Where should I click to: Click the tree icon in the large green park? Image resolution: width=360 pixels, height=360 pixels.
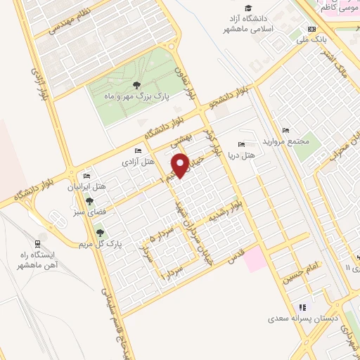pos(135,85)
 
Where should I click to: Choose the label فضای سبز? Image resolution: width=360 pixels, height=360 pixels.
pos(89,211)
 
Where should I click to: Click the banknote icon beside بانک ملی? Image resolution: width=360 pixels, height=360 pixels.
pos(312,30)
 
